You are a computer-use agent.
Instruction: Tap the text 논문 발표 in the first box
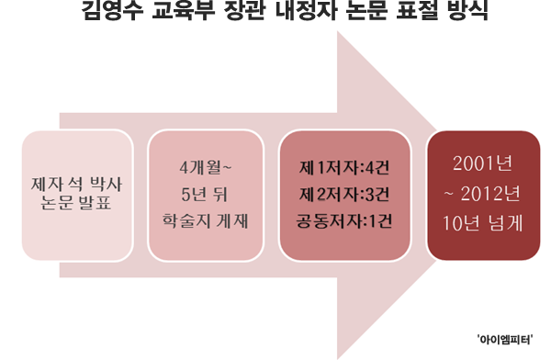[71, 205]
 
